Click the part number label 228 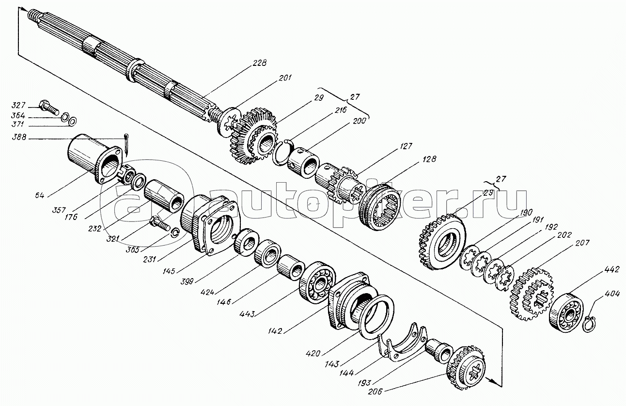coord(259,63)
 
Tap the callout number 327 coord(18,105)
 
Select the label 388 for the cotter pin coord(19,137)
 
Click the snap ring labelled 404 coord(589,325)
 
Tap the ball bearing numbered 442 coord(566,312)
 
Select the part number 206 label coord(375,391)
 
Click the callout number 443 coord(247,314)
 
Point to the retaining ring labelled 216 coord(282,154)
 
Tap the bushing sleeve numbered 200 coord(303,163)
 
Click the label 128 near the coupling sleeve coord(429,159)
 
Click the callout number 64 coord(40,195)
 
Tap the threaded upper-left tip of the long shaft coord(33,15)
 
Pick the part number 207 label coord(582,243)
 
